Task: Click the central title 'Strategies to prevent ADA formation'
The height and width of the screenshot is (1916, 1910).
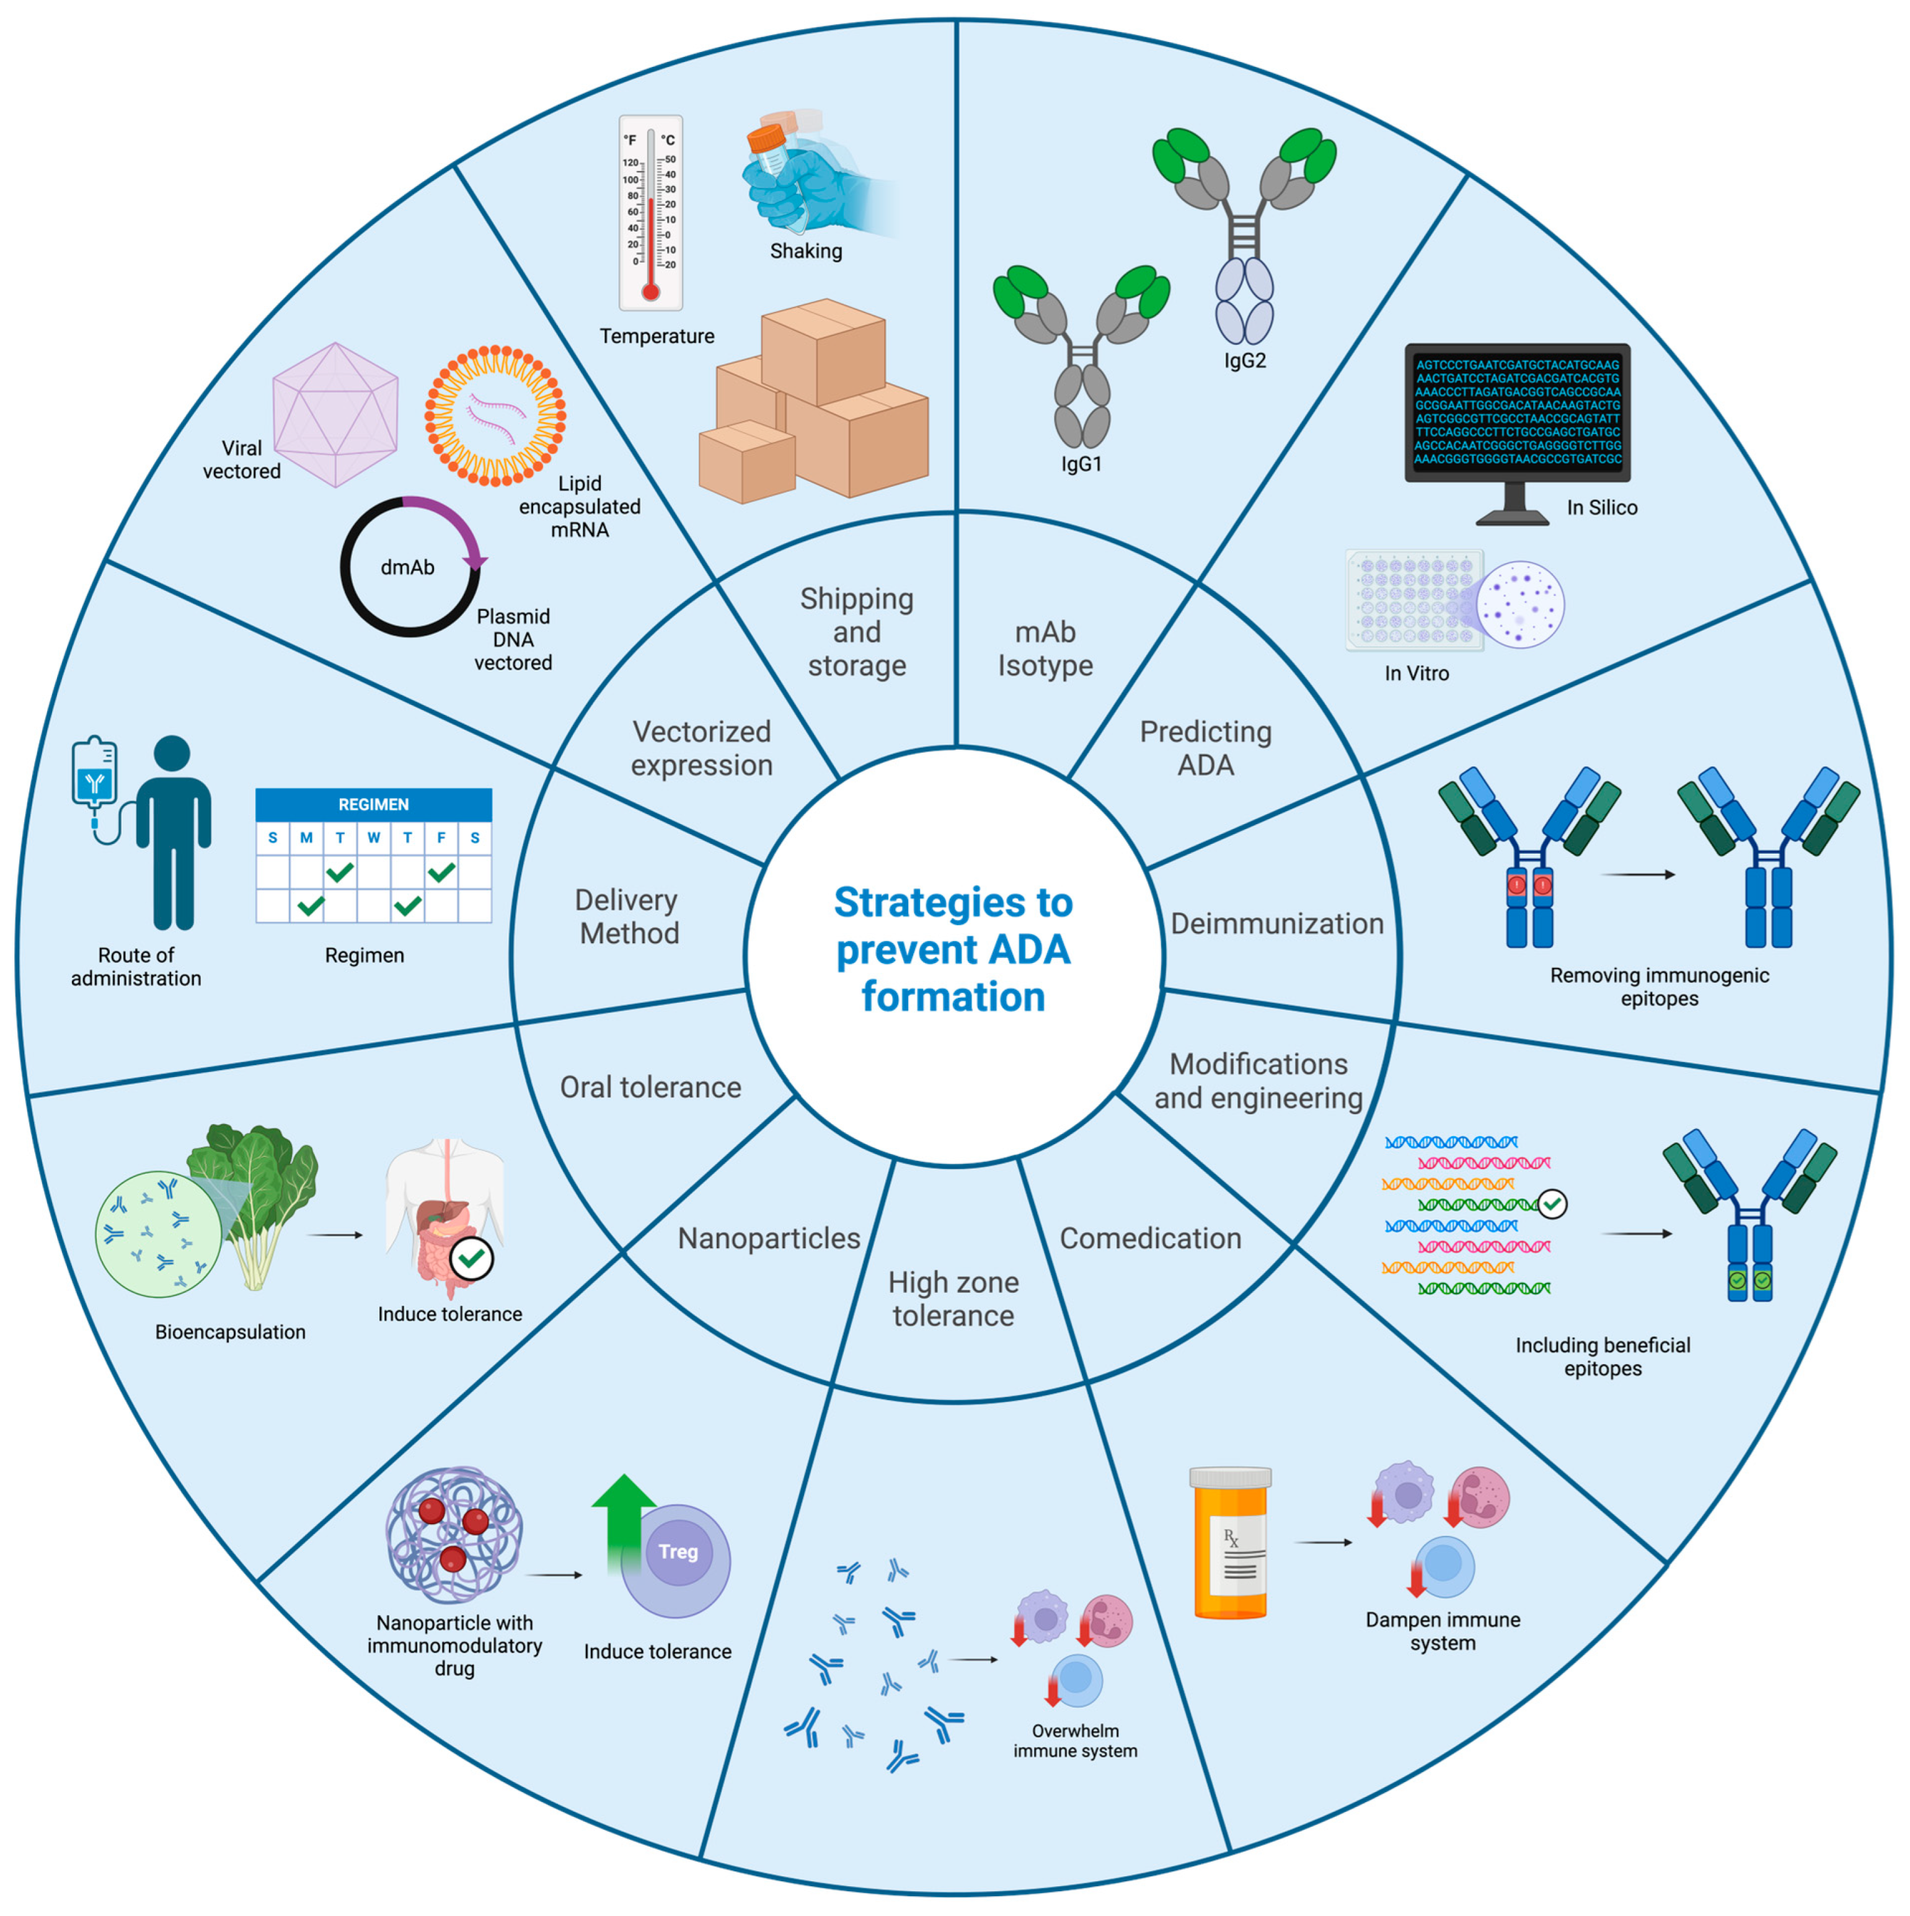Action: point(952,949)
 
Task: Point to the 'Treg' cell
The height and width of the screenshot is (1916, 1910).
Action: point(678,1552)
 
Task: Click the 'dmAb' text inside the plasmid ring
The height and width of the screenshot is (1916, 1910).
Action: point(407,567)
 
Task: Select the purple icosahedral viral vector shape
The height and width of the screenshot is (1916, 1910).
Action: point(335,415)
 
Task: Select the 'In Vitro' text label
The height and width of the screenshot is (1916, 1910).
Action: point(1415,673)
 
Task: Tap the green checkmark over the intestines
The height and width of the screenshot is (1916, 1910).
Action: point(472,1259)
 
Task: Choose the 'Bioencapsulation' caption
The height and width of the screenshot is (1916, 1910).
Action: point(230,1332)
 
